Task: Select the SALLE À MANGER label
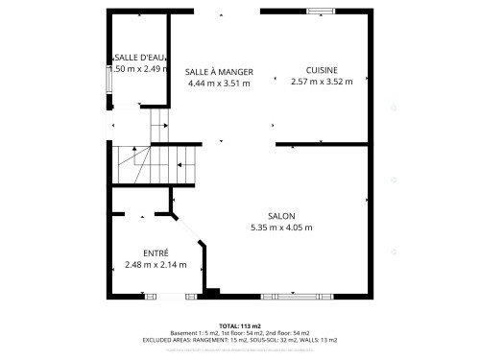click(x=219, y=71)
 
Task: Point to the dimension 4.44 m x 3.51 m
click(x=219, y=83)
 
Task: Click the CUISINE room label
click(x=322, y=70)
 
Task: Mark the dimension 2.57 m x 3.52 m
click(x=322, y=82)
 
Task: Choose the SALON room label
click(x=281, y=216)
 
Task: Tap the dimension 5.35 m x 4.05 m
click(x=281, y=228)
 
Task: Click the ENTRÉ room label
click(x=156, y=252)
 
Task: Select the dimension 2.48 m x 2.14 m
click(x=156, y=264)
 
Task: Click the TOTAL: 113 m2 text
click(x=240, y=325)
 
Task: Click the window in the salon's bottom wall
click(x=298, y=293)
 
